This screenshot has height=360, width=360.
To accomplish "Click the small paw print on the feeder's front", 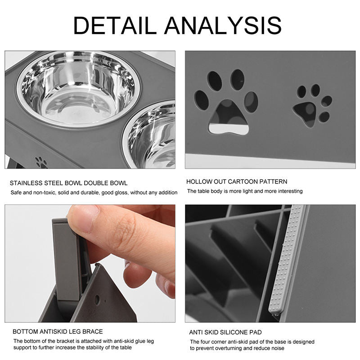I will point(41,162).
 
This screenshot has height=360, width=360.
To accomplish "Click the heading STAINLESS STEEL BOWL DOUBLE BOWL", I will point(68,183).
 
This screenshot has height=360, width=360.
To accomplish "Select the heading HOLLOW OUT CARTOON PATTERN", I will point(237,182).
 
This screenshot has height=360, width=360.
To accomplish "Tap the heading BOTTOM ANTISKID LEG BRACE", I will point(58,332).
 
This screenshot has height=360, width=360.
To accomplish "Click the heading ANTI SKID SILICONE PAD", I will point(225,333).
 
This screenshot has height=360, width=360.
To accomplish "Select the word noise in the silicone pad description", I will point(274,348).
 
